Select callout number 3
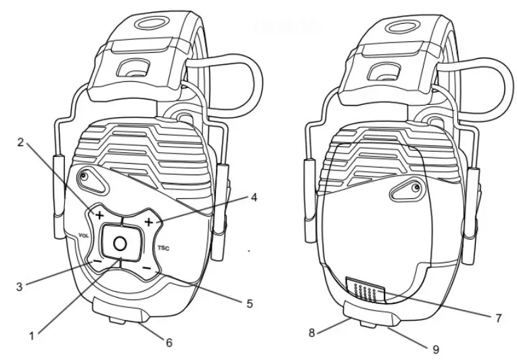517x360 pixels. point(20,286)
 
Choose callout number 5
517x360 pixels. point(250,304)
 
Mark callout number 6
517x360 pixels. point(168,342)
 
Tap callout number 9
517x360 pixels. point(436,349)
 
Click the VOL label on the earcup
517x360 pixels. point(84,235)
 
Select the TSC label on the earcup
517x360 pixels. point(162,248)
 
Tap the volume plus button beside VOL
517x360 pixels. point(99,215)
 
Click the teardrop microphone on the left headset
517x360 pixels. point(85,179)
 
